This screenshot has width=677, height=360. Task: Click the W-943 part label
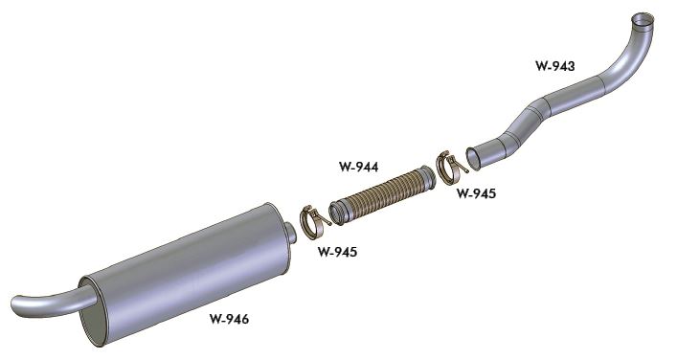click(x=554, y=66)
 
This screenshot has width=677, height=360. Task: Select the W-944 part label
click(x=358, y=167)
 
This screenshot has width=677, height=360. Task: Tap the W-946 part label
click(x=229, y=319)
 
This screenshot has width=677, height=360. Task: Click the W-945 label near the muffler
click(x=337, y=252)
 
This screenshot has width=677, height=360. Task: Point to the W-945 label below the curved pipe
click(x=476, y=193)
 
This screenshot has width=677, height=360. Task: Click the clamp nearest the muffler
click(x=314, y=222)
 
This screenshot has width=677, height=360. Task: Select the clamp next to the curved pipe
click(x=451, y=167)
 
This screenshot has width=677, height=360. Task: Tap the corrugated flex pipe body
click(x=382, y=195)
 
